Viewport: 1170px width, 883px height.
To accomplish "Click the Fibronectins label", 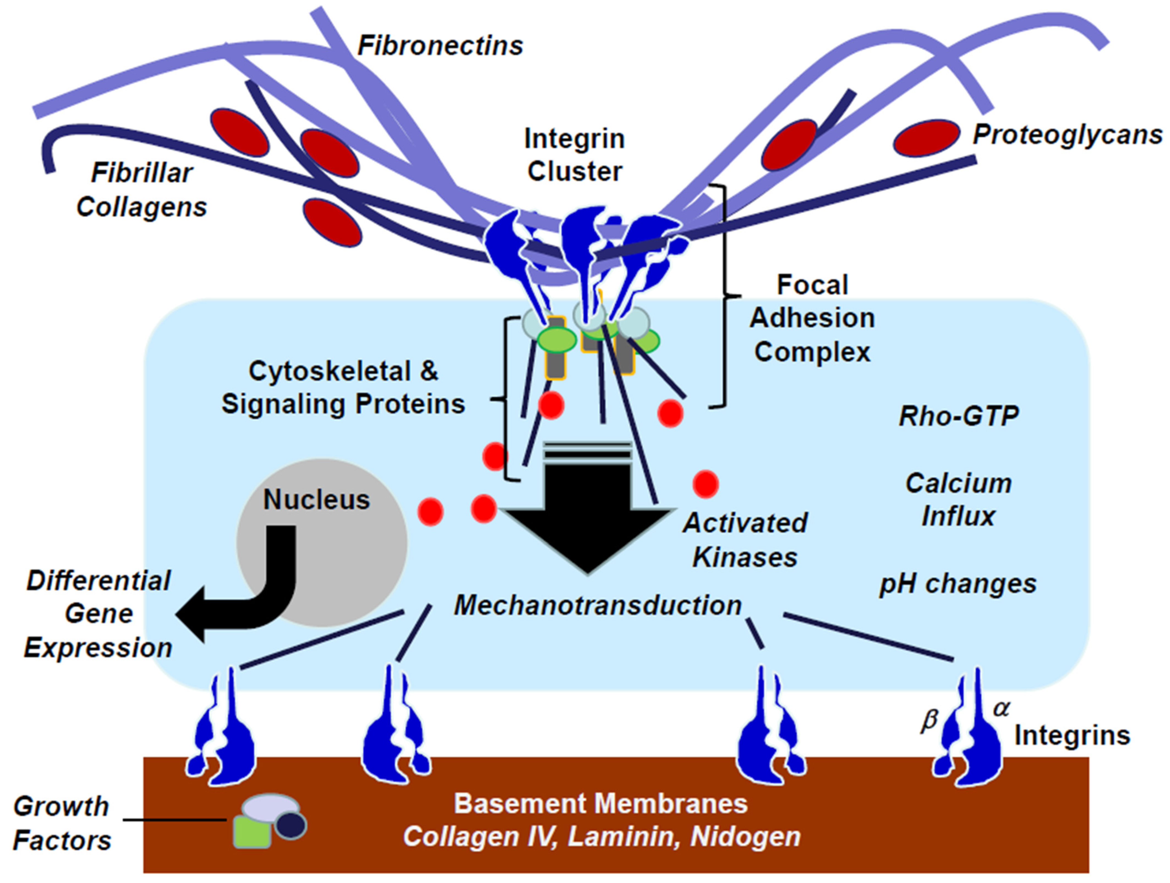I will (440, 46).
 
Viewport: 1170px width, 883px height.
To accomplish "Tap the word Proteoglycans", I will (1067, 135).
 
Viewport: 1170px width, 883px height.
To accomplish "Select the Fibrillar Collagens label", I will (142, 189).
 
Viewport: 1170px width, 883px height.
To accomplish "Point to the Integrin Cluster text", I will (575, 155).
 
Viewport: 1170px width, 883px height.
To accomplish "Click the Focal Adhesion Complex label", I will (813, 319).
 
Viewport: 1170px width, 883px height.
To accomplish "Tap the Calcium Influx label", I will (958, 500).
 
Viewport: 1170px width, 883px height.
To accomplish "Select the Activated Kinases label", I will (745, 540).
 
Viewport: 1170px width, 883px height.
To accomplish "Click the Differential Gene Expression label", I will (99, 614).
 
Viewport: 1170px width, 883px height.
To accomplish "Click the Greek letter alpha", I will (1001, 708).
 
